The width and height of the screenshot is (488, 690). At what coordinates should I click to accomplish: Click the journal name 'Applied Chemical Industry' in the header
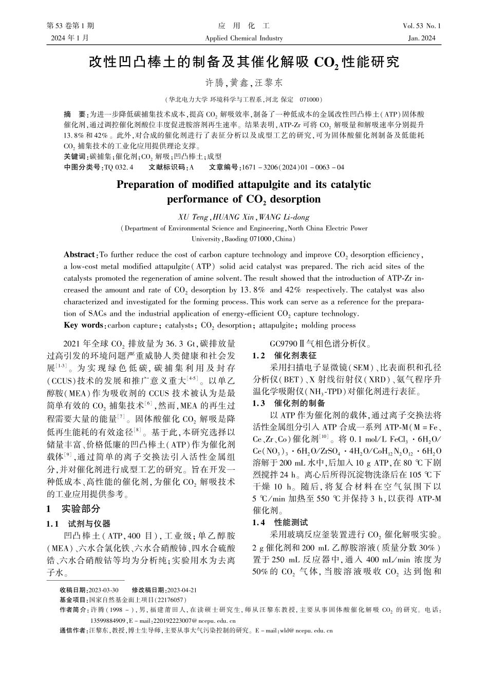pos(243,38)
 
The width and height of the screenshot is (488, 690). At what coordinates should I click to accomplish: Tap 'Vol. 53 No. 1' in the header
pos(422,26)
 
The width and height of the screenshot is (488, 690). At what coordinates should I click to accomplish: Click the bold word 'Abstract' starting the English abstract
pos(80,255)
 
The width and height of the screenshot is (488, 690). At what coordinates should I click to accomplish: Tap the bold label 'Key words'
pos(83,325)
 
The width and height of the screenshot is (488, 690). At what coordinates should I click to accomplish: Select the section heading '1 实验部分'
pos(73,509)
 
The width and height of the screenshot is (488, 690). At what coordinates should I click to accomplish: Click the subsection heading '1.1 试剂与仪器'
pos(79,524)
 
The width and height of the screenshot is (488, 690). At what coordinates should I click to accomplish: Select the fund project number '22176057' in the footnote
pos(171,600)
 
